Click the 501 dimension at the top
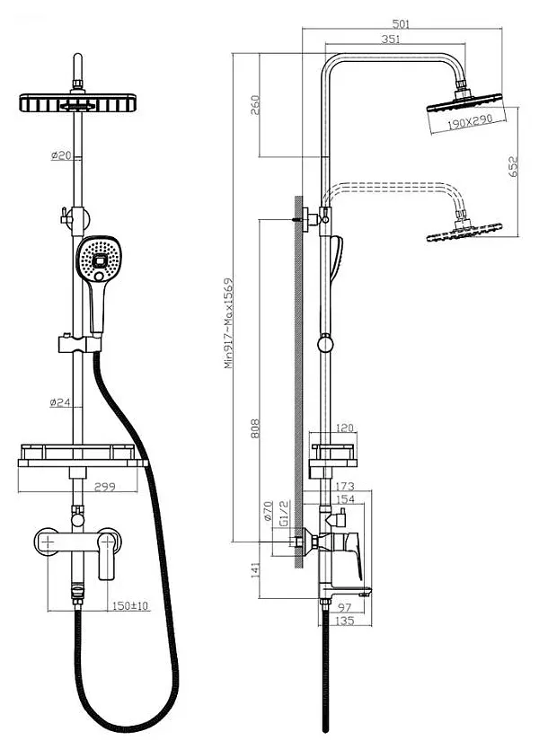[401, 24]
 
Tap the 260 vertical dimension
[254, 105]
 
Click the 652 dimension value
[514, 166]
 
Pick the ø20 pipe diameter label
[61, 155]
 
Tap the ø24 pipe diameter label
[61, 402]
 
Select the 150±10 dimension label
[131, 606]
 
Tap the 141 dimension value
[255, 568]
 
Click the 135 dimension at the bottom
[342, 621]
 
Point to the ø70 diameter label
[268, 513]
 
